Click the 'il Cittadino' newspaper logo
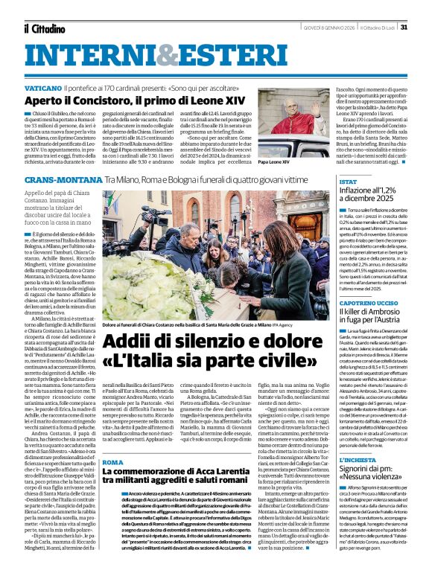pos(45,28)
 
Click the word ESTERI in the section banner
pos(184,54)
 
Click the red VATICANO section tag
pos(48,87)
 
